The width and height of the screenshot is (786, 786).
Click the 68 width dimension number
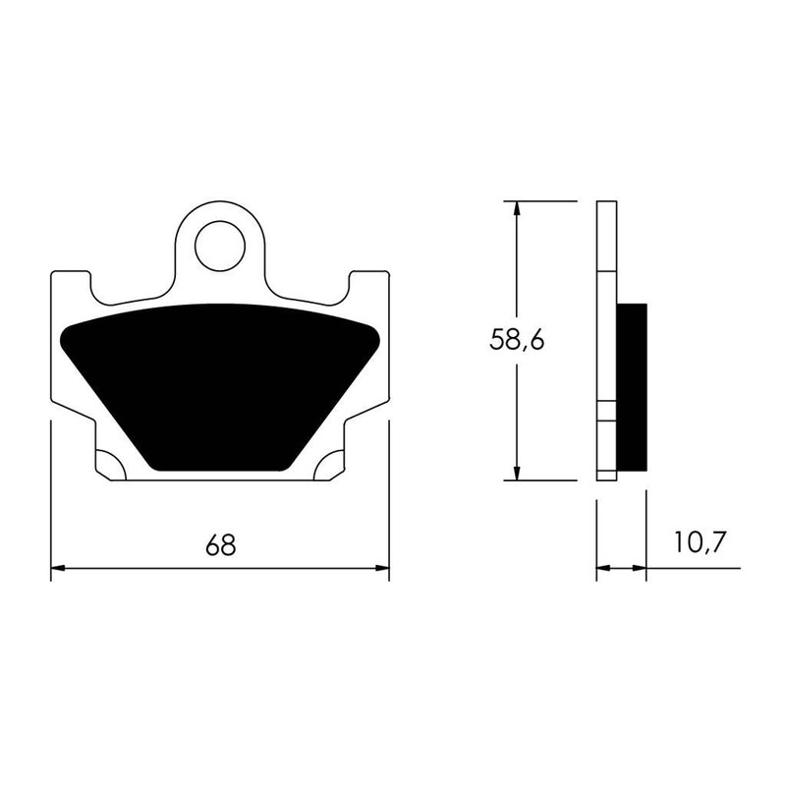(x=220, y=545)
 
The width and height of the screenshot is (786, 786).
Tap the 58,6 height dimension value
(x=517, y=340)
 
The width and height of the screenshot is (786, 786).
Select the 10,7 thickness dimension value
(x=700, y=542)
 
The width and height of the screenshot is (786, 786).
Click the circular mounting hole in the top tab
(x=220, y=249)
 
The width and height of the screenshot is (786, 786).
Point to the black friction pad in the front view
(x=219, y=386)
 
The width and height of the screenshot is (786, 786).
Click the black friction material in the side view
(x=632, y=386)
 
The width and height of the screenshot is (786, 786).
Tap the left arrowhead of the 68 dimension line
(x=58, y=568)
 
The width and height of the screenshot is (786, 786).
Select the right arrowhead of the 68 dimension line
(x=382, y=568)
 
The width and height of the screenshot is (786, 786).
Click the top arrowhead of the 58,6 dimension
(x=517, y=209)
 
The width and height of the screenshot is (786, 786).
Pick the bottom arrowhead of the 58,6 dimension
(x=517, y=473)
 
